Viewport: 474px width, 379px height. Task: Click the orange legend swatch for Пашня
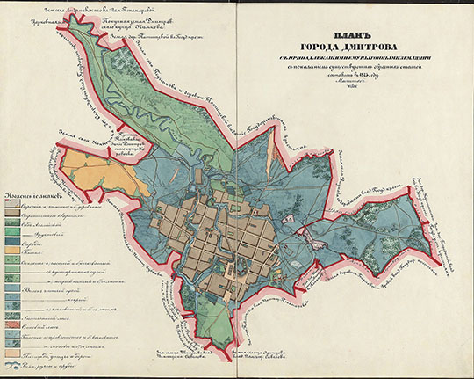[x=14, y=251]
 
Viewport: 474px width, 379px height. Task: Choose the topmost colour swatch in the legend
[x=14, y=204]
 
